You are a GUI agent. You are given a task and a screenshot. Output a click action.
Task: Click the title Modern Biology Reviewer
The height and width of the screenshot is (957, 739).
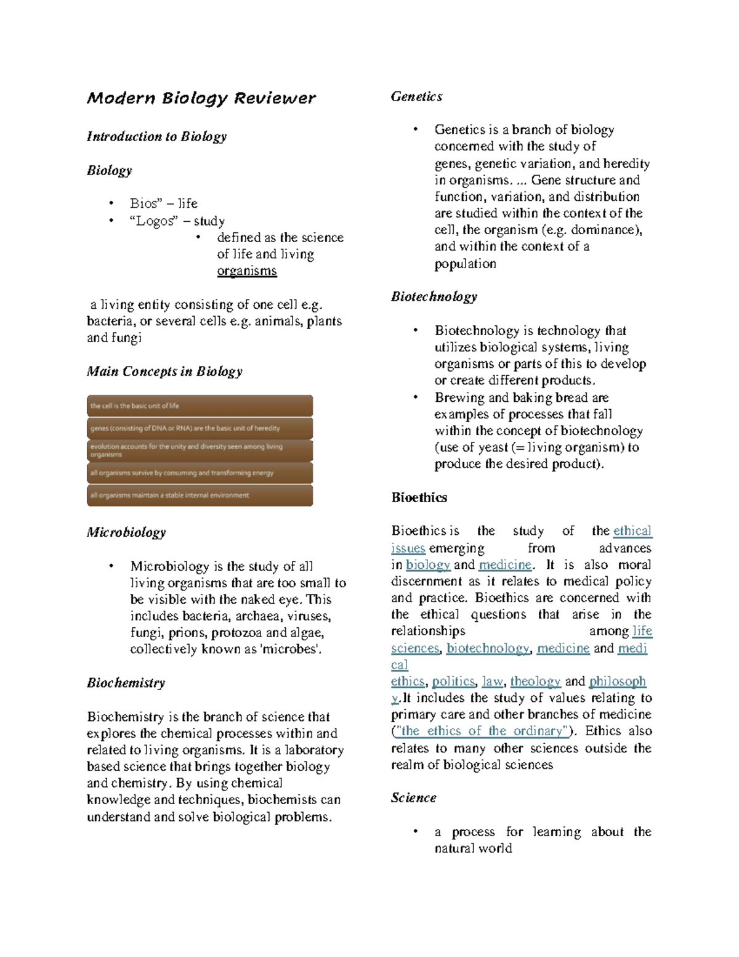[201, 98]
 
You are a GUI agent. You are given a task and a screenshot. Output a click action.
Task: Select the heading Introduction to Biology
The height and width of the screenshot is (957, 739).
[156, 136]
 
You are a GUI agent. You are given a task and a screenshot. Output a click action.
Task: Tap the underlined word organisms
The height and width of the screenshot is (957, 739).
[247, 271]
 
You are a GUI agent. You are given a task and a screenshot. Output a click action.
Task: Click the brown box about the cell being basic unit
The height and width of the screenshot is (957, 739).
[200, 406]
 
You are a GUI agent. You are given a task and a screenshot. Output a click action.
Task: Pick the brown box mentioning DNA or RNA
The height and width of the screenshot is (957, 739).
[200, 428]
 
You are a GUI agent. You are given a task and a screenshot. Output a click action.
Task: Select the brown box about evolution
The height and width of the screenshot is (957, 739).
[200, 450]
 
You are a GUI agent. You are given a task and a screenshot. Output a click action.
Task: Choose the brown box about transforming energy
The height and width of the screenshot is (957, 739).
[200, 473]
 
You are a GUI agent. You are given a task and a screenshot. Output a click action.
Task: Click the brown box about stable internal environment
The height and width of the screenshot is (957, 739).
[200, 495]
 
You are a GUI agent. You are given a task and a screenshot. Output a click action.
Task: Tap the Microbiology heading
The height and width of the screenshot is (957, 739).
[126, 532]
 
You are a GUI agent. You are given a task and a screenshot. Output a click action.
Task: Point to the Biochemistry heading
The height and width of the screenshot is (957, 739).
[126, 683]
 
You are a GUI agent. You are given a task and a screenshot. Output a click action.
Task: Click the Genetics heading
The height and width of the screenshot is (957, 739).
[416, 97]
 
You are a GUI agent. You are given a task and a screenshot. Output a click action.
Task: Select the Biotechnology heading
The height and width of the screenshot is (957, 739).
[434, 297]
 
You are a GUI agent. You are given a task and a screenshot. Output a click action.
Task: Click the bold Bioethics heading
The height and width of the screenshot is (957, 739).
[419, 498]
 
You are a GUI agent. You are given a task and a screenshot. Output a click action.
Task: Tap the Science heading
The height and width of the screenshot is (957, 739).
[413, 798]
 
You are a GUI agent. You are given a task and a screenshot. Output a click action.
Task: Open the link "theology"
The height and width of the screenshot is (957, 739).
[535, 682]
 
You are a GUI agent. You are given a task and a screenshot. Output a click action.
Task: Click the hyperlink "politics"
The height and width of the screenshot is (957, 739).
[453, 682]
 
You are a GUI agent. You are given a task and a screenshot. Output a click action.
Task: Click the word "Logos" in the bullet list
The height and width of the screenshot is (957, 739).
[153, 221]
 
